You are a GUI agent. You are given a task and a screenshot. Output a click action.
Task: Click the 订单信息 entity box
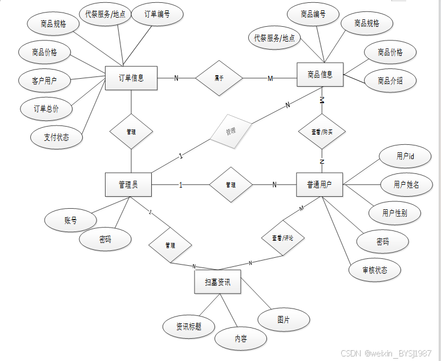(131, 78)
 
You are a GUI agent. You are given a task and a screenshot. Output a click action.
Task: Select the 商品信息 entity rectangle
(320, 75)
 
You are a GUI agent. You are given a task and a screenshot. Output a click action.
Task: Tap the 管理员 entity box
(128, 185)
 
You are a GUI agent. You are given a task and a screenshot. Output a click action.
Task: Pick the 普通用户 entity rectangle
(319, 185)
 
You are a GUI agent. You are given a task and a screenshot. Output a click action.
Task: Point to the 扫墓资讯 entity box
(217, 282)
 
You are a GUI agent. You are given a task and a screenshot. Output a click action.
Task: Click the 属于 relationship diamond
(219, 78)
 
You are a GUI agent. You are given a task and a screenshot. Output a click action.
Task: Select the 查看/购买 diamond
(322, 132)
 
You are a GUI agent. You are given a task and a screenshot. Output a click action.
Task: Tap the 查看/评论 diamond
(282, 237)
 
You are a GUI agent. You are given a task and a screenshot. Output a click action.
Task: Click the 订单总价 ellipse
(46, 108)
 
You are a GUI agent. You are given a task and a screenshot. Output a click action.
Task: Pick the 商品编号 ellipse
(313, 15)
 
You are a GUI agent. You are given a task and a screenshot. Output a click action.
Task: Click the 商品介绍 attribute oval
(390, 81)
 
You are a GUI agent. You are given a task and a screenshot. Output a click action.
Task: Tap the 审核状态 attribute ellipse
(374, 270)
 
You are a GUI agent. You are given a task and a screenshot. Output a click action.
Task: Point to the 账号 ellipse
(71, 220)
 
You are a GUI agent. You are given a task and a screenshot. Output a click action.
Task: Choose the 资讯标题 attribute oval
(189, 327)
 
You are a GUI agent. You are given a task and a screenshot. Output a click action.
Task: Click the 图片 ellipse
(284, 319)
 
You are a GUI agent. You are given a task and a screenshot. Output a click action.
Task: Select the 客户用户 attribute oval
(44, 81)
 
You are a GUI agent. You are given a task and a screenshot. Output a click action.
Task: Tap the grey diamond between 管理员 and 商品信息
(230, 132)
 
